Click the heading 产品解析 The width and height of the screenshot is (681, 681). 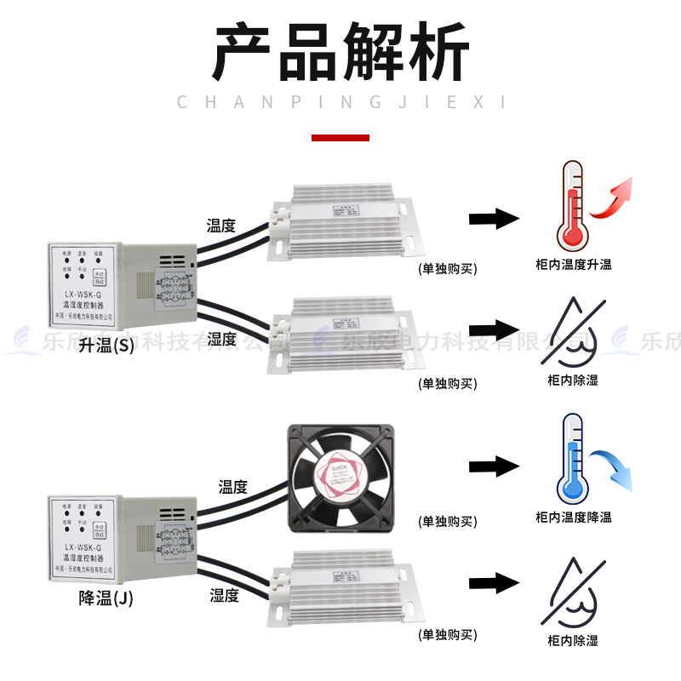click(340, 53)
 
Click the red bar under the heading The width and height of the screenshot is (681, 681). click(340, 137)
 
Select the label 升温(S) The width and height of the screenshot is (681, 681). click(106, 346)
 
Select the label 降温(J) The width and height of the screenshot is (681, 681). click(106, 598)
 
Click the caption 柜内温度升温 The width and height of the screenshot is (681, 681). click(574, 265)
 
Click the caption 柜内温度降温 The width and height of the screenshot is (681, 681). click(574, 517)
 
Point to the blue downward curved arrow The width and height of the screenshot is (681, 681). click(615, 467)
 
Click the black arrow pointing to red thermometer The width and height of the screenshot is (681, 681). click(494, 218)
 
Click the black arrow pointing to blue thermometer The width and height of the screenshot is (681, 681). click(494, 466)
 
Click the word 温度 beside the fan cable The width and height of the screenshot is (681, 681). click(232, 487)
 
